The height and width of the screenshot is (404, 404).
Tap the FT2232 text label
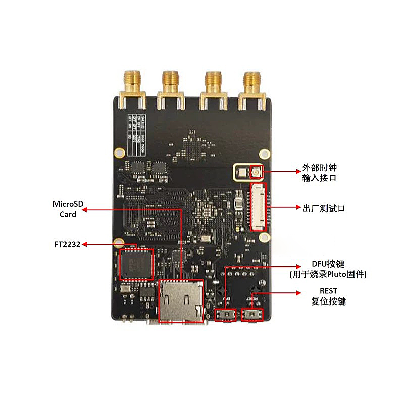(x=67, y=244)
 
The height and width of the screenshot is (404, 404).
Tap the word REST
(x=328, y=291)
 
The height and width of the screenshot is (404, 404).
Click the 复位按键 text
(x=329, y=301)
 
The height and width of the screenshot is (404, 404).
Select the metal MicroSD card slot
(x=180, y=301)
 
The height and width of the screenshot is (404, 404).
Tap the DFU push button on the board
(x=226, y=315)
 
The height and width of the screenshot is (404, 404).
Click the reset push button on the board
(x=252, y=315)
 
